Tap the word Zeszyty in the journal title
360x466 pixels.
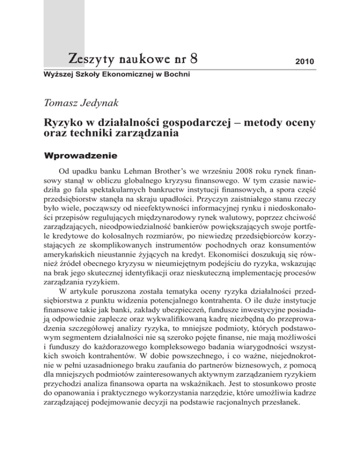tap(86, 59)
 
